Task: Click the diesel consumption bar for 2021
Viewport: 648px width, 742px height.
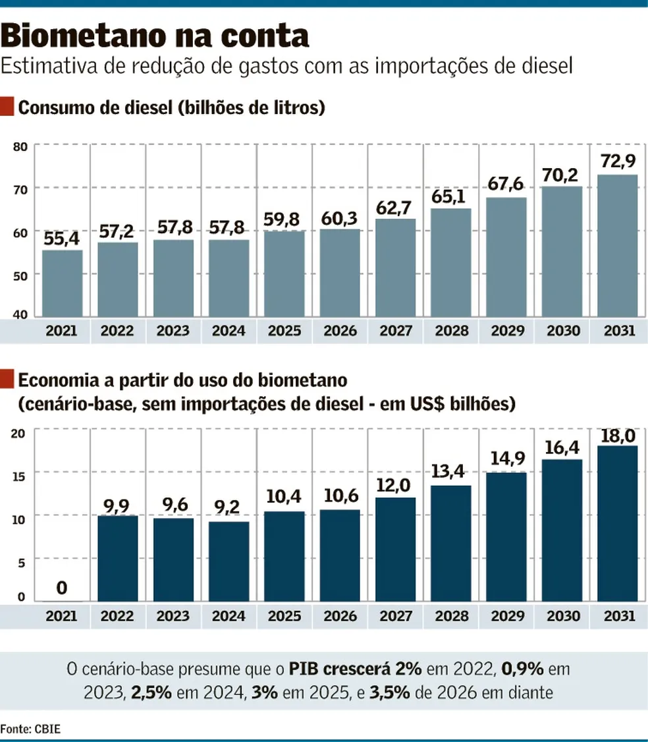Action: pyautogui.click(x=62, y=283)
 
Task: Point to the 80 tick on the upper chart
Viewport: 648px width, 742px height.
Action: pyautogui.click(x=19, y=146)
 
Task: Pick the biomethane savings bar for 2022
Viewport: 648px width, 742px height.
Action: pyautogui.click(x=117, y=558)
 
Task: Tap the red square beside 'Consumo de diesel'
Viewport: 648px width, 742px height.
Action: pyautogui.click(x=7, y=107)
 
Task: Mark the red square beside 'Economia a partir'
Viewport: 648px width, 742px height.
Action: pyautogui.click(x=7, y=380)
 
